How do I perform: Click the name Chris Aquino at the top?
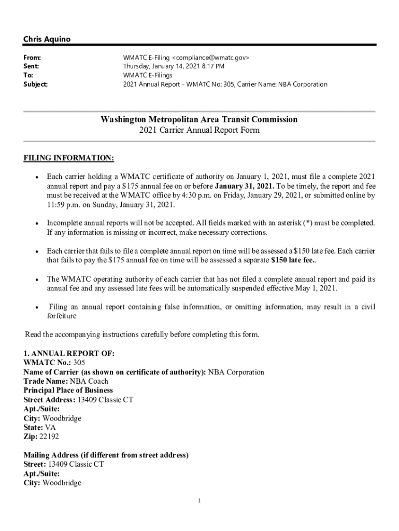click(x=47, y=39)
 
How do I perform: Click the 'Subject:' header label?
click(x=35, y=84)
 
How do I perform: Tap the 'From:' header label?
click(x=32, y=58)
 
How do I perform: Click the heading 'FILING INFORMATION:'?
click(x=69, y=158)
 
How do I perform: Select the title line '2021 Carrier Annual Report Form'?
click(x=199, y=130)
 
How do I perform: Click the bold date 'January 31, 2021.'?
click(x=245, y=186)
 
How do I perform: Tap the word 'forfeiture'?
click(x=62, y=316)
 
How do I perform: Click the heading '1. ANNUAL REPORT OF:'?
click(x=69, y=354)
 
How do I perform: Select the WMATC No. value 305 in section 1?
click(x=79, y=363)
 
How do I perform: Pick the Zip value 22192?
click(x=49, y=437)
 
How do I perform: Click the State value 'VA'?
click(x=51, y=428)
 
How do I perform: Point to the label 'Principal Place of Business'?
click(x=68, y=390)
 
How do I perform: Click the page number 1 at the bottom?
click(x=199, y=501)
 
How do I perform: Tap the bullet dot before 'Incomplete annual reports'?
click(x=37, y=223)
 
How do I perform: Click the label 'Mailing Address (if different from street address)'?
click(x=106, y=455)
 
